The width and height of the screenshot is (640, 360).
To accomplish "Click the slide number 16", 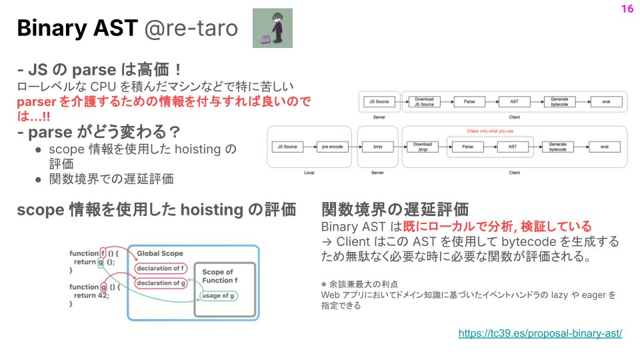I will (x=626, y=9).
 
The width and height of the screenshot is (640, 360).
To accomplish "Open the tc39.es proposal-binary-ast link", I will (x=540, y=333).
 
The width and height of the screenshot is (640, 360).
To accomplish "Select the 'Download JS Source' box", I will (x=424, y=102).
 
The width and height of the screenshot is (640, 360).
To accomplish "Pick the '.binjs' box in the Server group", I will (x=376, y=146).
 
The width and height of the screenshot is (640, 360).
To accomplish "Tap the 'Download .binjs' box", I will (x=423, y=146).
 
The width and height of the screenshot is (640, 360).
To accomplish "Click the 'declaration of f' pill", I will (x=159, y=269).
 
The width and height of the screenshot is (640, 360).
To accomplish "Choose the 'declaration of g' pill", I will (x=159, y=283).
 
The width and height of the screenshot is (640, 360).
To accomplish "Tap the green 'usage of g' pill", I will (x=218, y=295).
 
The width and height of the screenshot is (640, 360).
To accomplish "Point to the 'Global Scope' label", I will (x=160, y=253).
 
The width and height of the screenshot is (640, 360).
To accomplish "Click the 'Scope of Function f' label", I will (x=217, y=275).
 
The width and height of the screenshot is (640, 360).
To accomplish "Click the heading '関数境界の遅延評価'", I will (x=395, y=209).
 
